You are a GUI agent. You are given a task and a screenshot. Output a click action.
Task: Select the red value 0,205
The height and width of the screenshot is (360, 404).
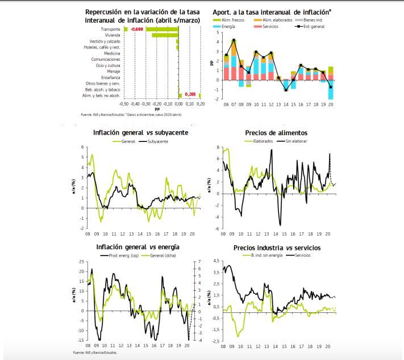point(190,94)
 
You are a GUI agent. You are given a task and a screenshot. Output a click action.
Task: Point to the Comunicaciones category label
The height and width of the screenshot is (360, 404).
point(106,59)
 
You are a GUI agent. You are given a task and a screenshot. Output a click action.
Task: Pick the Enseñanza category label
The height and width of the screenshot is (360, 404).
point(110,77)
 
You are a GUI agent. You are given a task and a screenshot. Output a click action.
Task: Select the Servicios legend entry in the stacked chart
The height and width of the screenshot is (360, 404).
point(270,27)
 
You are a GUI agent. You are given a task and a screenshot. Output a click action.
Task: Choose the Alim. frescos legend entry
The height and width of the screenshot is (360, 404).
point(230,20)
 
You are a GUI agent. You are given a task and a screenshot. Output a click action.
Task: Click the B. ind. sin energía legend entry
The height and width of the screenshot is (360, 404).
point(265,256)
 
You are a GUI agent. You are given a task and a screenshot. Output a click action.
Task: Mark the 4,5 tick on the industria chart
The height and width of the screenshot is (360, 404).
point(216,261)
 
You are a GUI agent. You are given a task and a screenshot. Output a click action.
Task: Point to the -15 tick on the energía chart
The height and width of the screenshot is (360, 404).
point(82,340)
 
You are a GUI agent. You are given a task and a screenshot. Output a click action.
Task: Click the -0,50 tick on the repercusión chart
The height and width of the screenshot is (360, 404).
point(124,104)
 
